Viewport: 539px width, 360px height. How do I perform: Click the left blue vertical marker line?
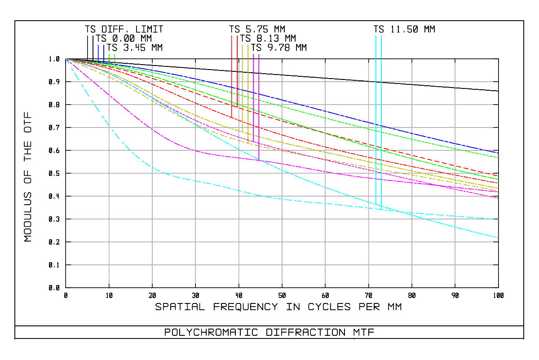pyautogui.click(x=98, y=53)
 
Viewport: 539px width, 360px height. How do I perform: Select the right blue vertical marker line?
pyautogui.click(x=104, y=53)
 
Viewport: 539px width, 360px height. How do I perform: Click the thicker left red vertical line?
pyautogui.click(x=231, y=76)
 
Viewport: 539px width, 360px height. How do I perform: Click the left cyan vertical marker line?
pyautogui.click(x=376, y=121)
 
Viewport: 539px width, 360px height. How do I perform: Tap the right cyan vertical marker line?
pyautogui.click(x=381, y=121)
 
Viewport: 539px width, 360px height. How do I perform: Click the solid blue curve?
pyautogui.click(x=314, y=108)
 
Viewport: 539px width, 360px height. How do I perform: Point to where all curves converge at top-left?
pyautogui.click(x=66, y=59)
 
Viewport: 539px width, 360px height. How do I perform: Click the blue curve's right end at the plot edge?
pyautogui.click(x=498, y=153)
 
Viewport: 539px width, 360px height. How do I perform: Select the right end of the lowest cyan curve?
pyautogui.click(x=498, y=238)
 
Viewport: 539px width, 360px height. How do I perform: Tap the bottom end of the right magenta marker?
pyautogui.click(x=259, y=159)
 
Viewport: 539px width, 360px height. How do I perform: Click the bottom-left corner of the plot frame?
pyautogui.click(x=66, y=287)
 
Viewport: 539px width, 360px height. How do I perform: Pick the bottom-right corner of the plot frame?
pyautogui.click(x=499, y=287)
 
